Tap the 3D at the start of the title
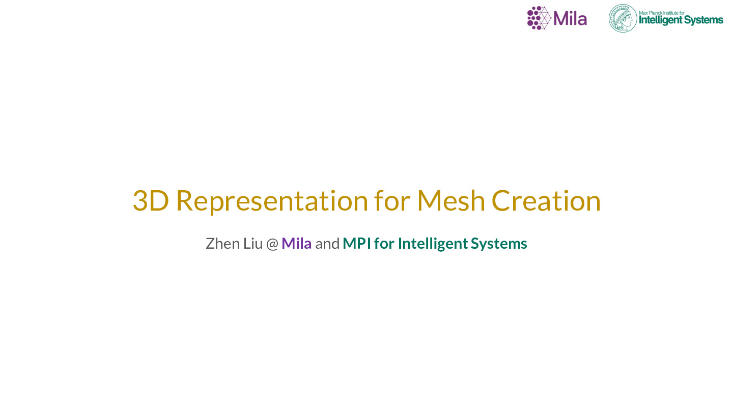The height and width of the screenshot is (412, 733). coord(151,201)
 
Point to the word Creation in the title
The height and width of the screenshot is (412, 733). coord(546,200)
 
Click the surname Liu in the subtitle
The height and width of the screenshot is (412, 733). coord(253,244)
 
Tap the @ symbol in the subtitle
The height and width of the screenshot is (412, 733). coord(272,244)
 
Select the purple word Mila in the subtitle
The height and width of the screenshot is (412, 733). coord(296,244)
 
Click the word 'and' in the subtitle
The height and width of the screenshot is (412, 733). coord(327,244)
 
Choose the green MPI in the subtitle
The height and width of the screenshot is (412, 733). coord(357,244)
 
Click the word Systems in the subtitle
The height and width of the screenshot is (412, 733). coord(499,244)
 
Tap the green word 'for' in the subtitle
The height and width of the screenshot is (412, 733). coord(384,244)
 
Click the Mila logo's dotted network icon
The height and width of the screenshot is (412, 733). coord(539,18)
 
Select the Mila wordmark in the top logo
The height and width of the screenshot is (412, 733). coord(570,19)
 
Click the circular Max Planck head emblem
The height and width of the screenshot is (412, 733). coord(623,18)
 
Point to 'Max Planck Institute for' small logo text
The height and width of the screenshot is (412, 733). coord(662,13)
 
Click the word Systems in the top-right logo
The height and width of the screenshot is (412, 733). coord(704,20)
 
